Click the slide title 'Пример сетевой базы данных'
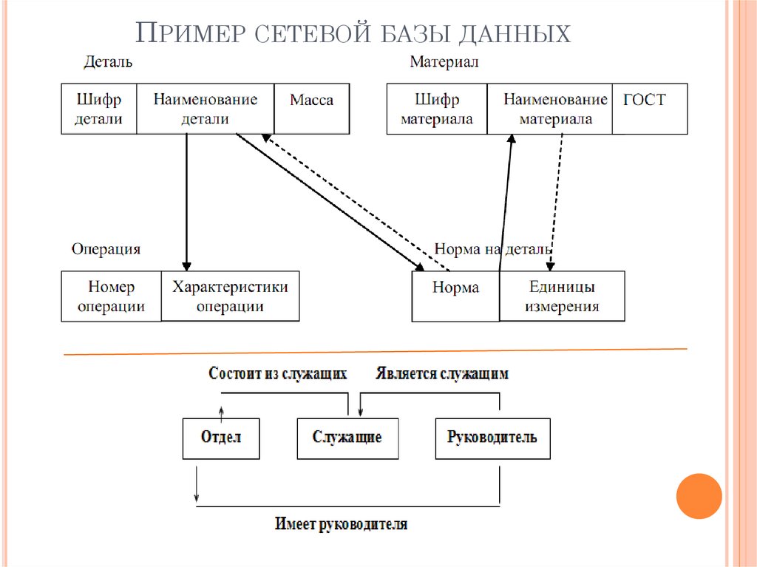coord(355,34)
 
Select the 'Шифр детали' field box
coord(99,109)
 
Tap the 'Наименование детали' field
coord(205,109)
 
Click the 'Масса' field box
coord(311,109)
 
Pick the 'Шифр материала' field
coord(436,109)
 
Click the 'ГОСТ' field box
coord(649,109)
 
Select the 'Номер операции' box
coord(111,296)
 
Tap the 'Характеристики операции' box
coord(230,296)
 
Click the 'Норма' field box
coord(455,296)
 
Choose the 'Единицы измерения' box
coord(562,296)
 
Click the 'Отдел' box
coord(220,438)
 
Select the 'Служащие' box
coord(347,438)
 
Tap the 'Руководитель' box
coord(492,438)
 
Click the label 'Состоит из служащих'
coord(278,373)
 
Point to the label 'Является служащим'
coord(442,373)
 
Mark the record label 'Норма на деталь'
coord(492,250)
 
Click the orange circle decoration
coord(699,496)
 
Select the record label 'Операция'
coord(106,250)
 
